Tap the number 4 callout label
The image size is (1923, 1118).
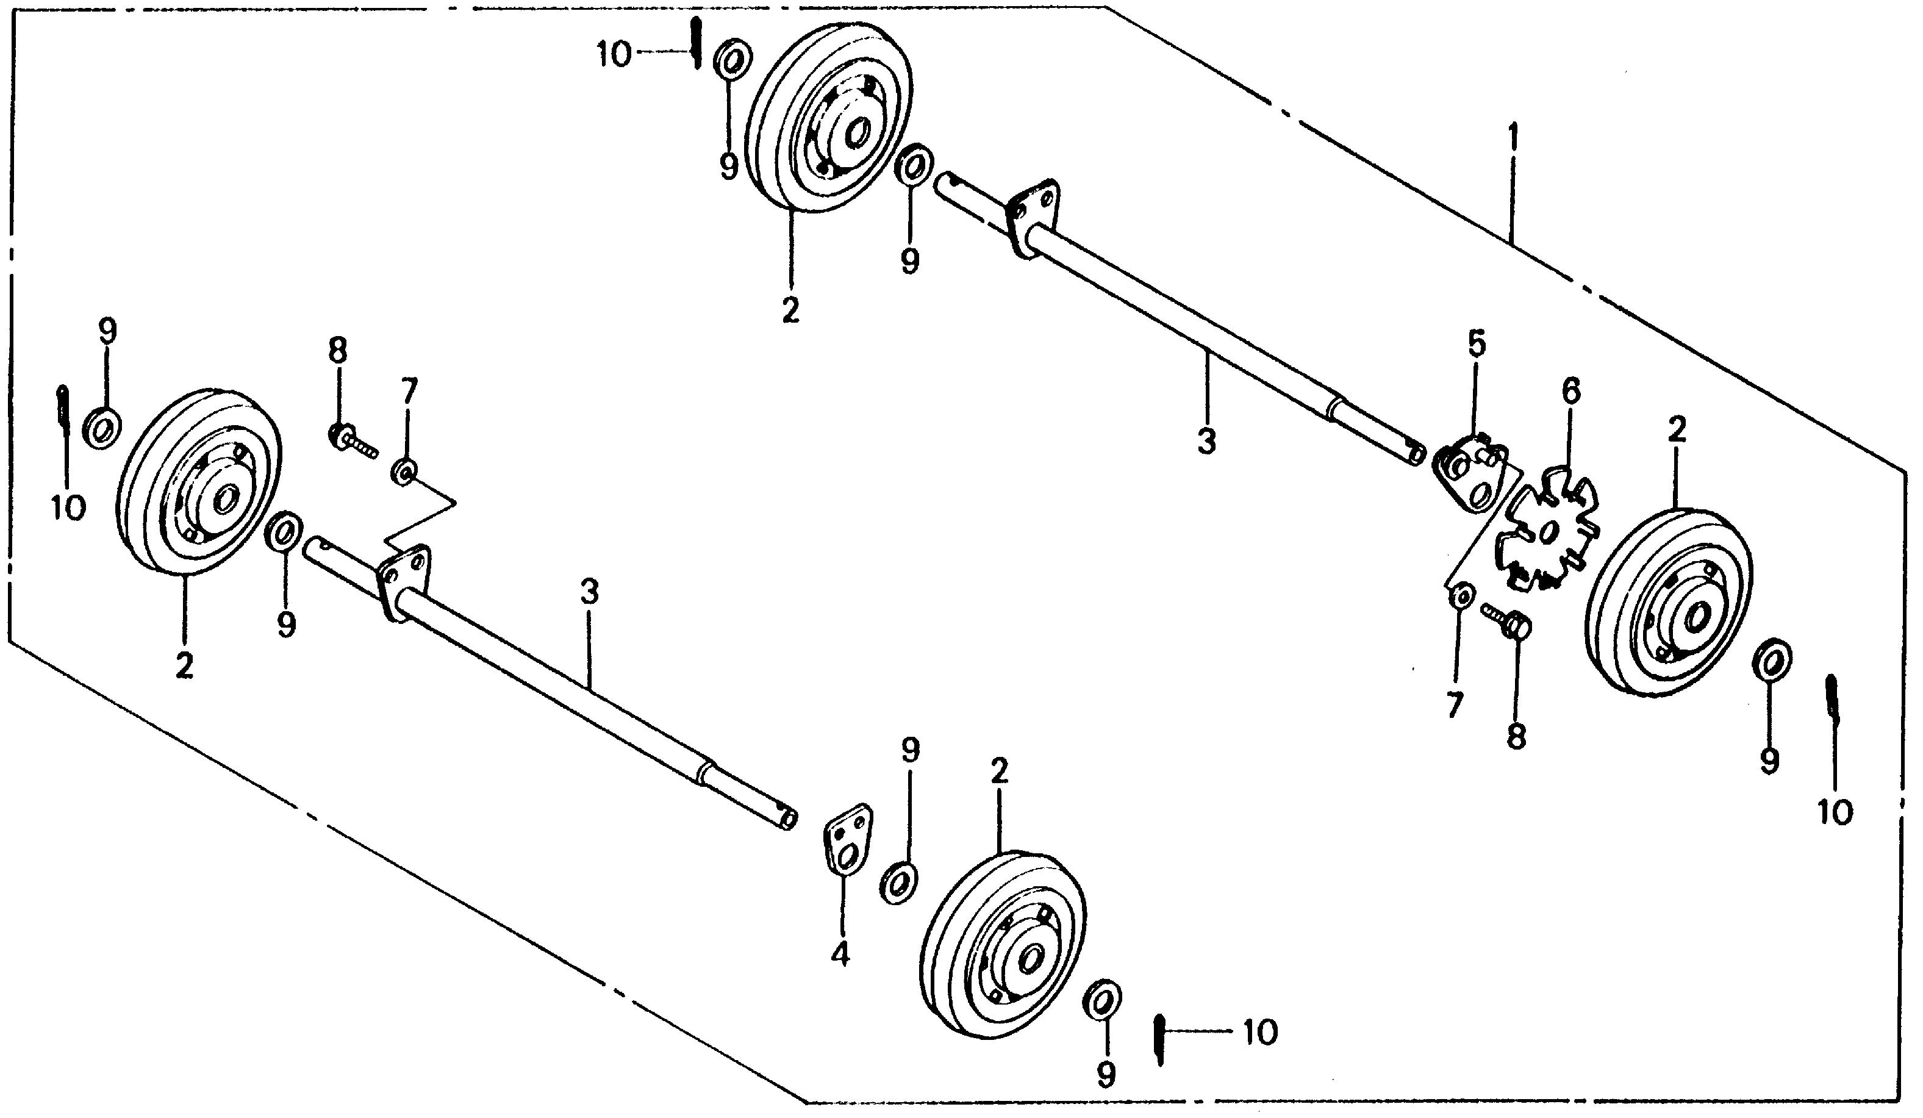click(x=840, y=955)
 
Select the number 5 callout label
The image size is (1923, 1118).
click(x=1477, y=345)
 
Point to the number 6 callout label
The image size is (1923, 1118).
click(x=1570, y=391)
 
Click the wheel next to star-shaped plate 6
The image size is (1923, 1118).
click(x=1669, y=603)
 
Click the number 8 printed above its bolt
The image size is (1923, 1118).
click(x=337, y=351)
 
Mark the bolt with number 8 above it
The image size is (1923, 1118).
click(x=352, y=440)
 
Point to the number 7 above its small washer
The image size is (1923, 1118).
click(x=409, y=393)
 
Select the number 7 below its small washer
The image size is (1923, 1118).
click(x=1455, y=706)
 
